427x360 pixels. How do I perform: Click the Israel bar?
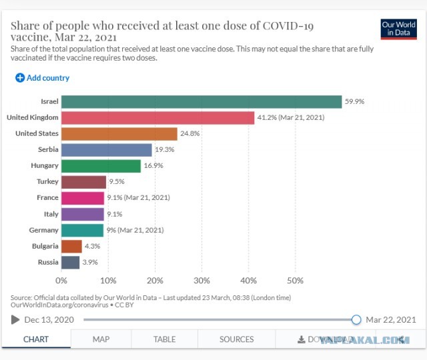click(201, 102)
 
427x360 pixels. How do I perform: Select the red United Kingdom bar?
click(158, 118)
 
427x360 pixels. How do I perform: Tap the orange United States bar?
click(119, 134)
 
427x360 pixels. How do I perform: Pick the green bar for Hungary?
click(101, 166)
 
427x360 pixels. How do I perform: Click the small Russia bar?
click(71, 262)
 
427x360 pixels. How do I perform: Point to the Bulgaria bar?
click(71, 246)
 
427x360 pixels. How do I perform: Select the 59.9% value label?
click(354, 101)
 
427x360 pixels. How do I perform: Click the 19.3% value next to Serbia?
click(165, 149)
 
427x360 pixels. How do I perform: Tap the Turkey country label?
click(47, 181)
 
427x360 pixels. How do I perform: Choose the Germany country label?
click(43, 230)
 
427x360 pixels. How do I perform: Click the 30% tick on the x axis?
click(201, 281)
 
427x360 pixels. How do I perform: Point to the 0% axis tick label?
click(61, 281)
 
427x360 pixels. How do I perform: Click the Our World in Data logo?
click(399, 29)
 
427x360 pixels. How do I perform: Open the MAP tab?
click(101, 339)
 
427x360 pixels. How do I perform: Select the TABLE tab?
click(165, 339)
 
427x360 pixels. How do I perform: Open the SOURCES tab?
click(236, 339)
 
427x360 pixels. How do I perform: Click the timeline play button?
click(15, 320)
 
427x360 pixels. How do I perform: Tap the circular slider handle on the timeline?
click(356, 319)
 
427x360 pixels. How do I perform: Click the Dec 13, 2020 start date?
click(49, 320)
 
